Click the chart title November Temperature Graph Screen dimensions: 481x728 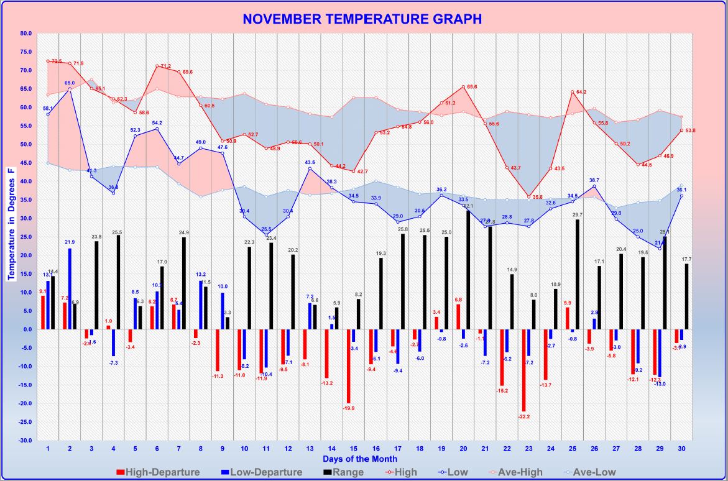click(x=362, y=19)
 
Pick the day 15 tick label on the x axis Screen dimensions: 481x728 click(x=353, y=448)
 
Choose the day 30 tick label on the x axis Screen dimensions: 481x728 click(x=682, y=448)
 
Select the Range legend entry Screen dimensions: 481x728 click(x=344, y=472)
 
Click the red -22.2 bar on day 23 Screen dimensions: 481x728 click(x=524, y=370)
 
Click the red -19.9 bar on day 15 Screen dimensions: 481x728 click(x=349, y=366)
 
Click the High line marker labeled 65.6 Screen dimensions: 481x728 click(x=463, y=87)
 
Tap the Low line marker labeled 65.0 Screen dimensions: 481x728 click(x=70, y=89)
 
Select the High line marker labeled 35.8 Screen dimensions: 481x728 click(x=529, y=197)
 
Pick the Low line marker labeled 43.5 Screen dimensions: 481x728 click(x=310, y=168)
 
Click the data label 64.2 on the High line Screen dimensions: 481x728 click(x=581, y=92)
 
